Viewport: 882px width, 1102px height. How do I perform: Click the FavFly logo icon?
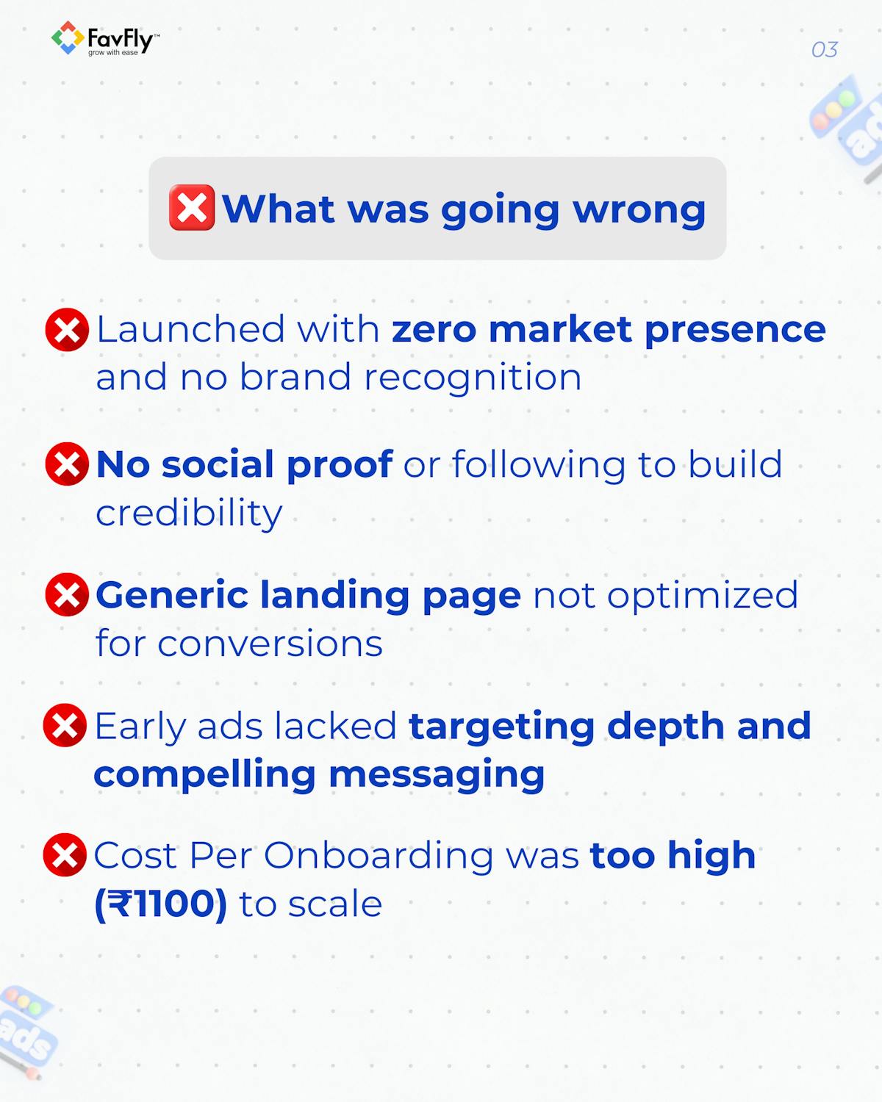[67, 38]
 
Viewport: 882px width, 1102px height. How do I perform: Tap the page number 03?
[824, 50]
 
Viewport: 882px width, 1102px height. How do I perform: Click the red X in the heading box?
[192, 208]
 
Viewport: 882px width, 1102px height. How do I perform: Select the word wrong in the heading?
[639, 209]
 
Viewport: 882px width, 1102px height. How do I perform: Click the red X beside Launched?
[67, 329]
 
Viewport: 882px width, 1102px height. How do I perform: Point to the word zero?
[434, 329]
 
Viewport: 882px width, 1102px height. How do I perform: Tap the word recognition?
[473, 378]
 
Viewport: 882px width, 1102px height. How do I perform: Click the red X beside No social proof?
[67, 464]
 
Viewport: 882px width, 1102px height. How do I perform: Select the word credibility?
[189, 513]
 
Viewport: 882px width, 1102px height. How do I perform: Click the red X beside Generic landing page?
[67, 595]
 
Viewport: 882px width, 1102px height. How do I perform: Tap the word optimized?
[702, 596]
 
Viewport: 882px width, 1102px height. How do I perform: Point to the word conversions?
[270, 644]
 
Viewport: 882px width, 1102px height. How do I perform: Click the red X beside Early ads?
[65, 726]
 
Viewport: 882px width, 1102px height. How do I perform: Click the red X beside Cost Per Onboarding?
[65, 855]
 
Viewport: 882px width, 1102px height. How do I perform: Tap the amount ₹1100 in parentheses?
[161, 904]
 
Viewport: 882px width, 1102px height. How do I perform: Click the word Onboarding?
[378, 857]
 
